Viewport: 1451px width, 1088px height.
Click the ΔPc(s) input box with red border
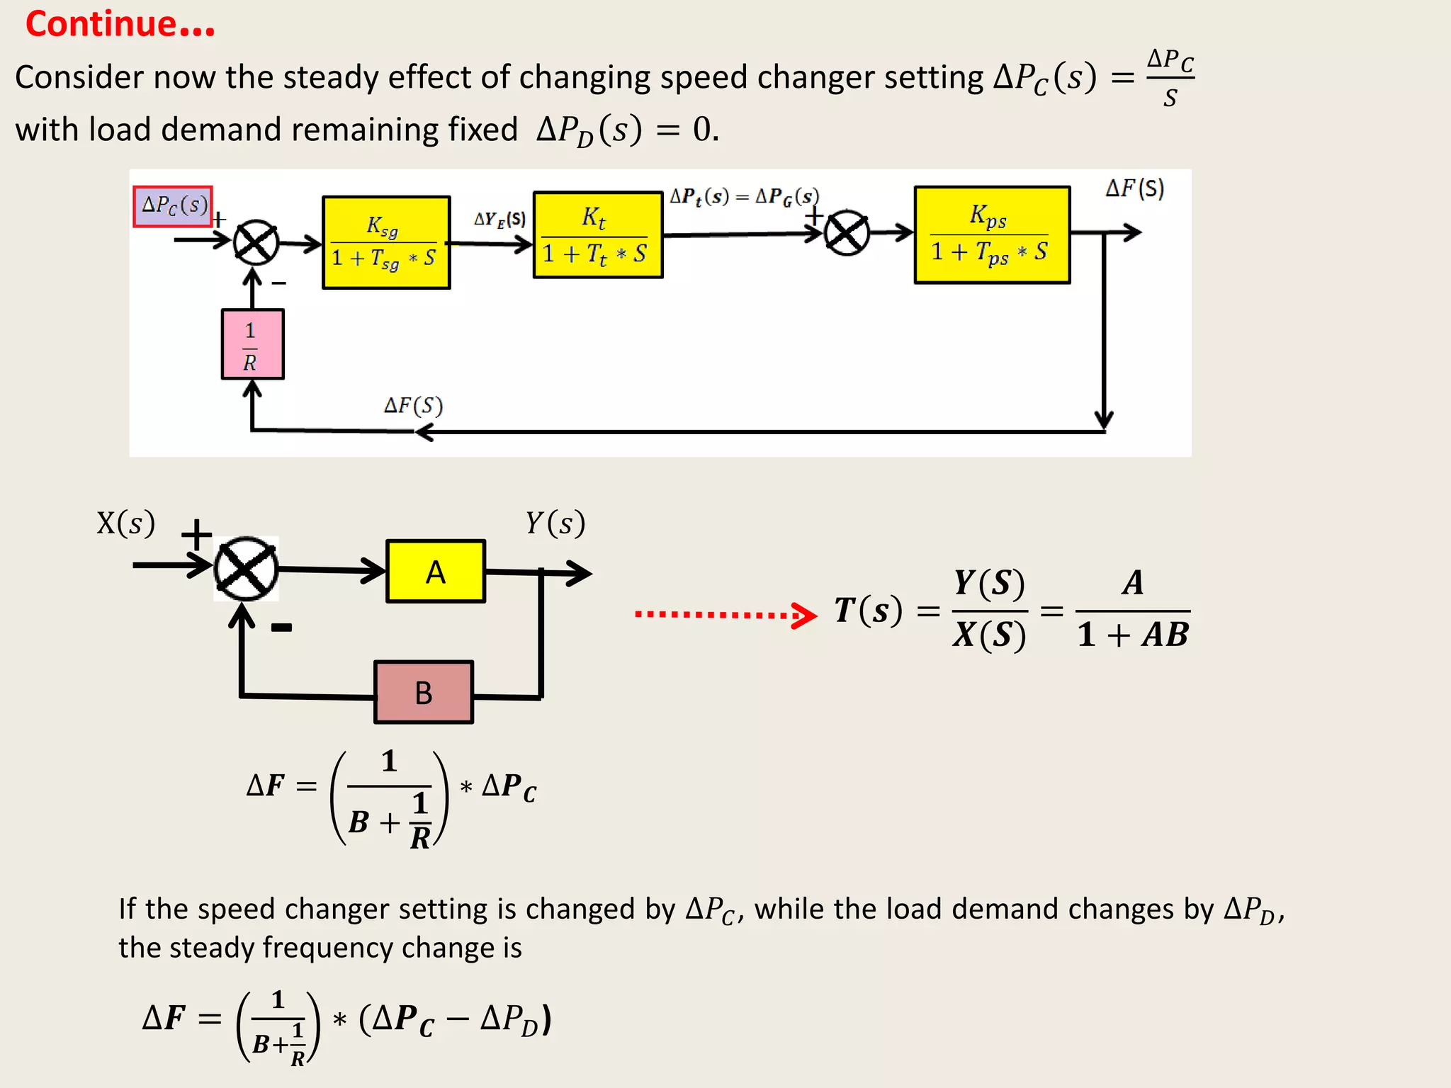click(173, 206)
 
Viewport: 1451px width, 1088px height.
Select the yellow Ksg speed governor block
click(386, 242)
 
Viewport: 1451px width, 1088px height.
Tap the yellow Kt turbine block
click(597, 234)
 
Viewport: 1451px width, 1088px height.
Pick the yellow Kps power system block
click(991, 234)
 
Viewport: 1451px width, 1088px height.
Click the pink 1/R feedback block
click(252, 344)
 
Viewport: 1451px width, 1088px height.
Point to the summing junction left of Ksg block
click(256, 243)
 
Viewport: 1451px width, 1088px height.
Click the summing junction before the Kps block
click(847, 233)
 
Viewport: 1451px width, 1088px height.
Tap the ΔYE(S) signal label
click(499, 219)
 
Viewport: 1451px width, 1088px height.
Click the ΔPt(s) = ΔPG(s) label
click(744, 196)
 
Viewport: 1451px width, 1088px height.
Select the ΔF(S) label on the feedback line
click(413, 406)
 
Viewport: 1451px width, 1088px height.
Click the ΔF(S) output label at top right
click(1134, 188)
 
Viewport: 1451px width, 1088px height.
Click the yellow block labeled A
click(435, 571)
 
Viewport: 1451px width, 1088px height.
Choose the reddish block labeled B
click(423, 692)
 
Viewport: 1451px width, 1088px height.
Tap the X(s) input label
click(125, 523)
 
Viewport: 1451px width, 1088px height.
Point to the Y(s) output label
click(555, 523)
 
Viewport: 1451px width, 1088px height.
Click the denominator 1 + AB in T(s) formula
click(1132, 635)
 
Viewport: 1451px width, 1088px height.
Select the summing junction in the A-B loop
click(246, 569)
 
